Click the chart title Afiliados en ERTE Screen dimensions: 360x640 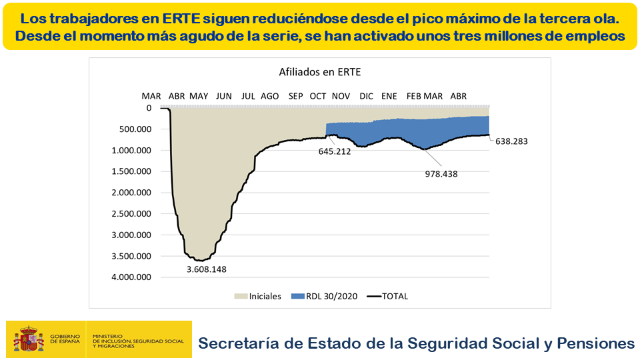(319, 72)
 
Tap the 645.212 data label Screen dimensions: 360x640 (335, 151)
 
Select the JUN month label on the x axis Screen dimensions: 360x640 (224, 96)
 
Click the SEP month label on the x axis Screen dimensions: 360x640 (296, 96)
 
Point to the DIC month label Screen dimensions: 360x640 (366, 96)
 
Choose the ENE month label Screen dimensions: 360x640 (389, 96)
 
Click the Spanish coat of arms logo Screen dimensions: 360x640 (28, 339)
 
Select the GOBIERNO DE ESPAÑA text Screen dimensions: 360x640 (65, 339)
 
